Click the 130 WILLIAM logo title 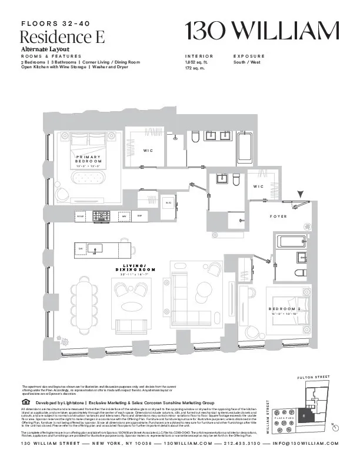click(262, 31)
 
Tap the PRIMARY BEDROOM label click(89, 159)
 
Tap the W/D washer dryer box click(168, 204)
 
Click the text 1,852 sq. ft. click(196, 61)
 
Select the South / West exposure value click(248, 61)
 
